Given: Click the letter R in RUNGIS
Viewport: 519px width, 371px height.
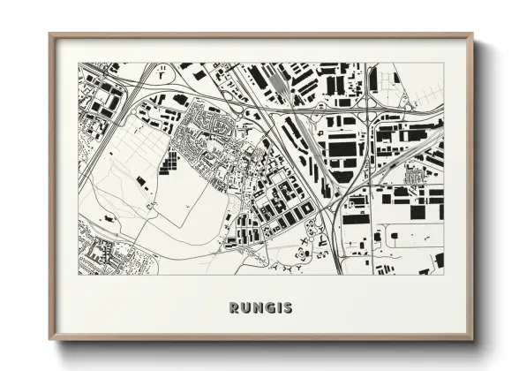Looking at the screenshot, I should click(234, 308).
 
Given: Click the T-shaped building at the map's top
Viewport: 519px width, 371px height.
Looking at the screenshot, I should click(162, 76).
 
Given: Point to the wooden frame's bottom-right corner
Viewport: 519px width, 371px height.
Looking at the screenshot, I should click(472, 340).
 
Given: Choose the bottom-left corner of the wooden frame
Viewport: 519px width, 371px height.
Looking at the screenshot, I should click(49, 340).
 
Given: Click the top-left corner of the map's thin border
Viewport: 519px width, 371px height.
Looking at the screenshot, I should click(79, 64).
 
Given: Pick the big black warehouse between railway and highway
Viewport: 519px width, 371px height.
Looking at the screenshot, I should click(341, 146).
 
